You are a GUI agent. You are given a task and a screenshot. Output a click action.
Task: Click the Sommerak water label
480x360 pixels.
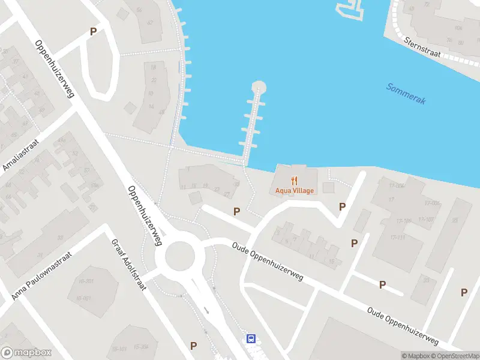406,94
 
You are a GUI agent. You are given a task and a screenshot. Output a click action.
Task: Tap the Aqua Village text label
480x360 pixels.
295,191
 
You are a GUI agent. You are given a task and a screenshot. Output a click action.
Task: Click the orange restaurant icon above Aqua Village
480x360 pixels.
295,179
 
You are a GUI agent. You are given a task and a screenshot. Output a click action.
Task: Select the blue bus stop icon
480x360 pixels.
251,338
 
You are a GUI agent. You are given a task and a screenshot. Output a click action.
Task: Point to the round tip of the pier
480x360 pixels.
259,86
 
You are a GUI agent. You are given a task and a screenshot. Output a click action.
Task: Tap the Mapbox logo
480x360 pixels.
26,353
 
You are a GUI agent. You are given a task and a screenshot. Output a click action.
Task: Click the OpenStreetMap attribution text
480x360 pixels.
455,356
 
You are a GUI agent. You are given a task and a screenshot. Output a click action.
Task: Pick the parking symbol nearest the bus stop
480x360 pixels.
193,346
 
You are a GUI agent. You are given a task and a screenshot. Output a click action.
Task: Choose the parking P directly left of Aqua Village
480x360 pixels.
236,211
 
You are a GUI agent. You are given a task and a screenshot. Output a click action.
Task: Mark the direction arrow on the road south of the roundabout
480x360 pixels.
207,310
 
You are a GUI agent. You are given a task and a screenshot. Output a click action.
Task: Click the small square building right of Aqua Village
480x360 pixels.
328,188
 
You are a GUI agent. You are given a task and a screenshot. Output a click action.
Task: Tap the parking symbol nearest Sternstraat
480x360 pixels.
343,206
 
